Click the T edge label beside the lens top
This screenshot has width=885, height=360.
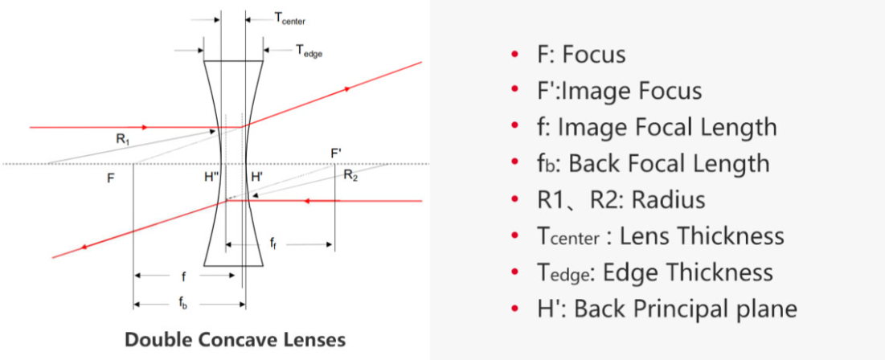(x=309, y=51)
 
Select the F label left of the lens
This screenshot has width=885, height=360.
(x=110, y=178)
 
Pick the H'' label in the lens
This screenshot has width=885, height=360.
(x=212, y=178)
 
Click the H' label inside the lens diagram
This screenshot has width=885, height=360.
(x=256, y=178)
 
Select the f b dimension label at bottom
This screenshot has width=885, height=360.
(x=186, y=305)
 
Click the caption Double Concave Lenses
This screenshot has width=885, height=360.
(x=235, y=339)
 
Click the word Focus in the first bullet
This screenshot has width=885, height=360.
(x=594, y=55)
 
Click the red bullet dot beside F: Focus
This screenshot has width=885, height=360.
(x=514, y=55)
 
